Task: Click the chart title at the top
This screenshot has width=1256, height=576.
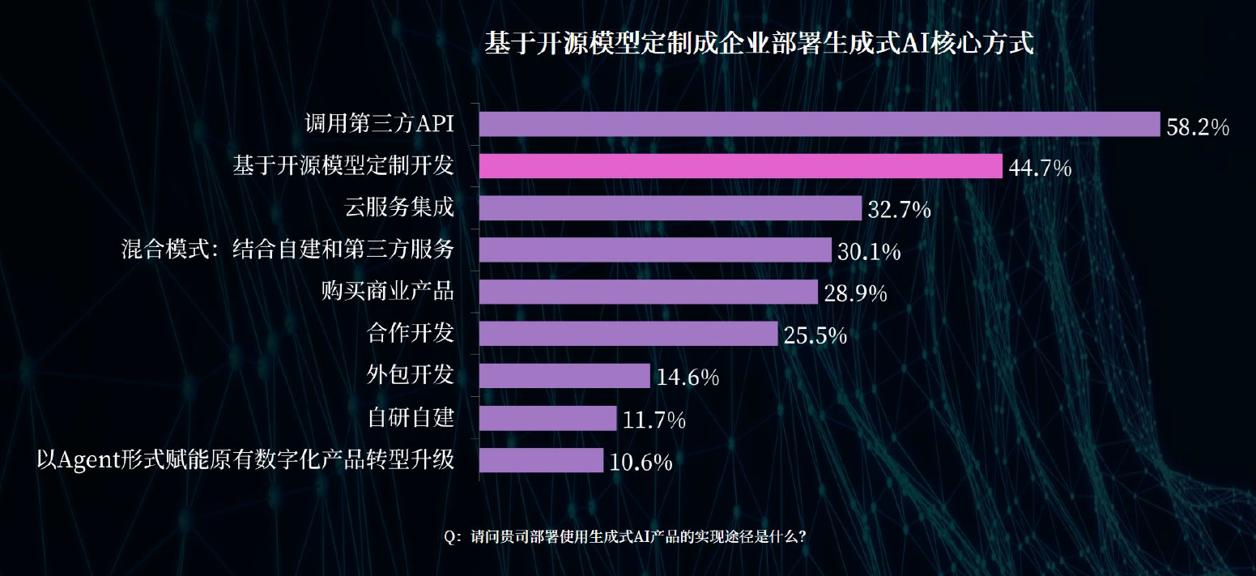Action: pyautogui.click(x=759, y=44)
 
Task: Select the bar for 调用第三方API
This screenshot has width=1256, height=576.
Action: pyautogui.click(x=820, y=124)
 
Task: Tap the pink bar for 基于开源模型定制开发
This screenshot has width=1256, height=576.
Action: pyautogui.click(x=741, y=166)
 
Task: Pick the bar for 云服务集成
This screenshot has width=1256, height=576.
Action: pyautogui.click(x=670, y=208)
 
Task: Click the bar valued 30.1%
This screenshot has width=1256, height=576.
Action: pyautogui.click(x=655, y=250)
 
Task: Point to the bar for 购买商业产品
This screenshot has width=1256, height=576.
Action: pyautogui.click(x=648, y=292)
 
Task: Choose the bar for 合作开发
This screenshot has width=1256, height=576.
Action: pyautogui.click(x=628, y=334)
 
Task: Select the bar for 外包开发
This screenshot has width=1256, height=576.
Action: pyautogui.click(x=564, y=376)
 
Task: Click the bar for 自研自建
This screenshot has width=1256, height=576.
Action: pyautogui.click(x=547, y=418)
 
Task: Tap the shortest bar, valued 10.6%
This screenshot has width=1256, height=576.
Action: pyautogui.click(x=541, y=460)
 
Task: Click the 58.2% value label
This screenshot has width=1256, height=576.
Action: pyautogui.click(x=1198, y=127)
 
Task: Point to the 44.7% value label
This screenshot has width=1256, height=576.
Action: pyautogui.click(x=1040, y=169)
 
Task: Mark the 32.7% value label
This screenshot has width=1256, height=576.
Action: pyautogui.click(x=899, y=211)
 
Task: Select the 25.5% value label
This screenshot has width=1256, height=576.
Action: pyautogui.click(x=815, y=335)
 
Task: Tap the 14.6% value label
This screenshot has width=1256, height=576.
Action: pyautogui.click(x=688, y=378)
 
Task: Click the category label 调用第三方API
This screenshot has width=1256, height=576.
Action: pyautogui.click(x=378, y=124)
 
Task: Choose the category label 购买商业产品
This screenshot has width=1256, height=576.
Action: pyautogui.click(x=387, y=292)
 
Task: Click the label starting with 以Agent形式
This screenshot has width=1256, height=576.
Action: pyautogui.click(x=245, y=460)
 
